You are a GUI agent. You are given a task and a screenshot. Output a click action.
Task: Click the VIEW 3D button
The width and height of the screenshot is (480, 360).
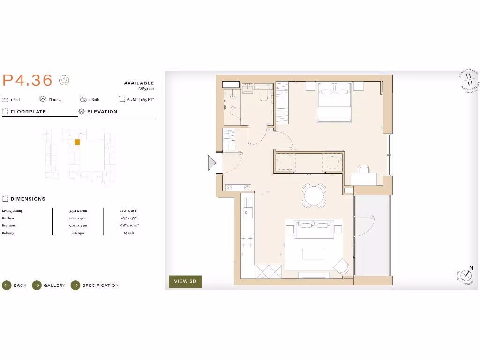pyautogui.click(x=185, y=281)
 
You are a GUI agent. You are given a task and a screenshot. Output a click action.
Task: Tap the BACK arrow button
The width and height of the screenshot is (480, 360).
pyautogui.click(x=7, y=285)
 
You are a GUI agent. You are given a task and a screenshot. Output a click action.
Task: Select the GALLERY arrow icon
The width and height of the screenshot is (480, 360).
pyautogui.click(x=37, y=285)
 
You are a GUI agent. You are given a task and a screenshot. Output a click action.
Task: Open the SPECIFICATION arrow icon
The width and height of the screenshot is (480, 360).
pyautogui.click(x=75, y=285)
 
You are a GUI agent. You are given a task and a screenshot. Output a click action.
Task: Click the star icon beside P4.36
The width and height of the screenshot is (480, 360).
pyautogui.click(x=64, y=80)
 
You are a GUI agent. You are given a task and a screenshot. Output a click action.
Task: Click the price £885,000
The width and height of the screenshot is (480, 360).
pyautogui.click(x=146, y=89)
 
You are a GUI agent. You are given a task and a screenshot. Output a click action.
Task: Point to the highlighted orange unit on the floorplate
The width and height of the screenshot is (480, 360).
pyautogui.click(x=77, y=142)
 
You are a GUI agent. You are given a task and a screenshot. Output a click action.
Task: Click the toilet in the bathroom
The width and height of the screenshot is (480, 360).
pyautogui.click(x=263, y=95)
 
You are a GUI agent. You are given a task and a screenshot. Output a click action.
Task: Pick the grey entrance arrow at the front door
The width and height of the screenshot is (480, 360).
pyautogui.click(x=212, y=163)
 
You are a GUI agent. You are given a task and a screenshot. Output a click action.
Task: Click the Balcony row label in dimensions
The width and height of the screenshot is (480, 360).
pyautogui.click(x=8, y=232)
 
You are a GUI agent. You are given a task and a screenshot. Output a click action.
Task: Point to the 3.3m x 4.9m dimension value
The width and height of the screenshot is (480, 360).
pyautogui.click(x=78, y=211)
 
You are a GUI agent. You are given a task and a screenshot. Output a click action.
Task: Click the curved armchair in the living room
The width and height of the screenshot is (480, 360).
pyautogui.click(x=342, y=266)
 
